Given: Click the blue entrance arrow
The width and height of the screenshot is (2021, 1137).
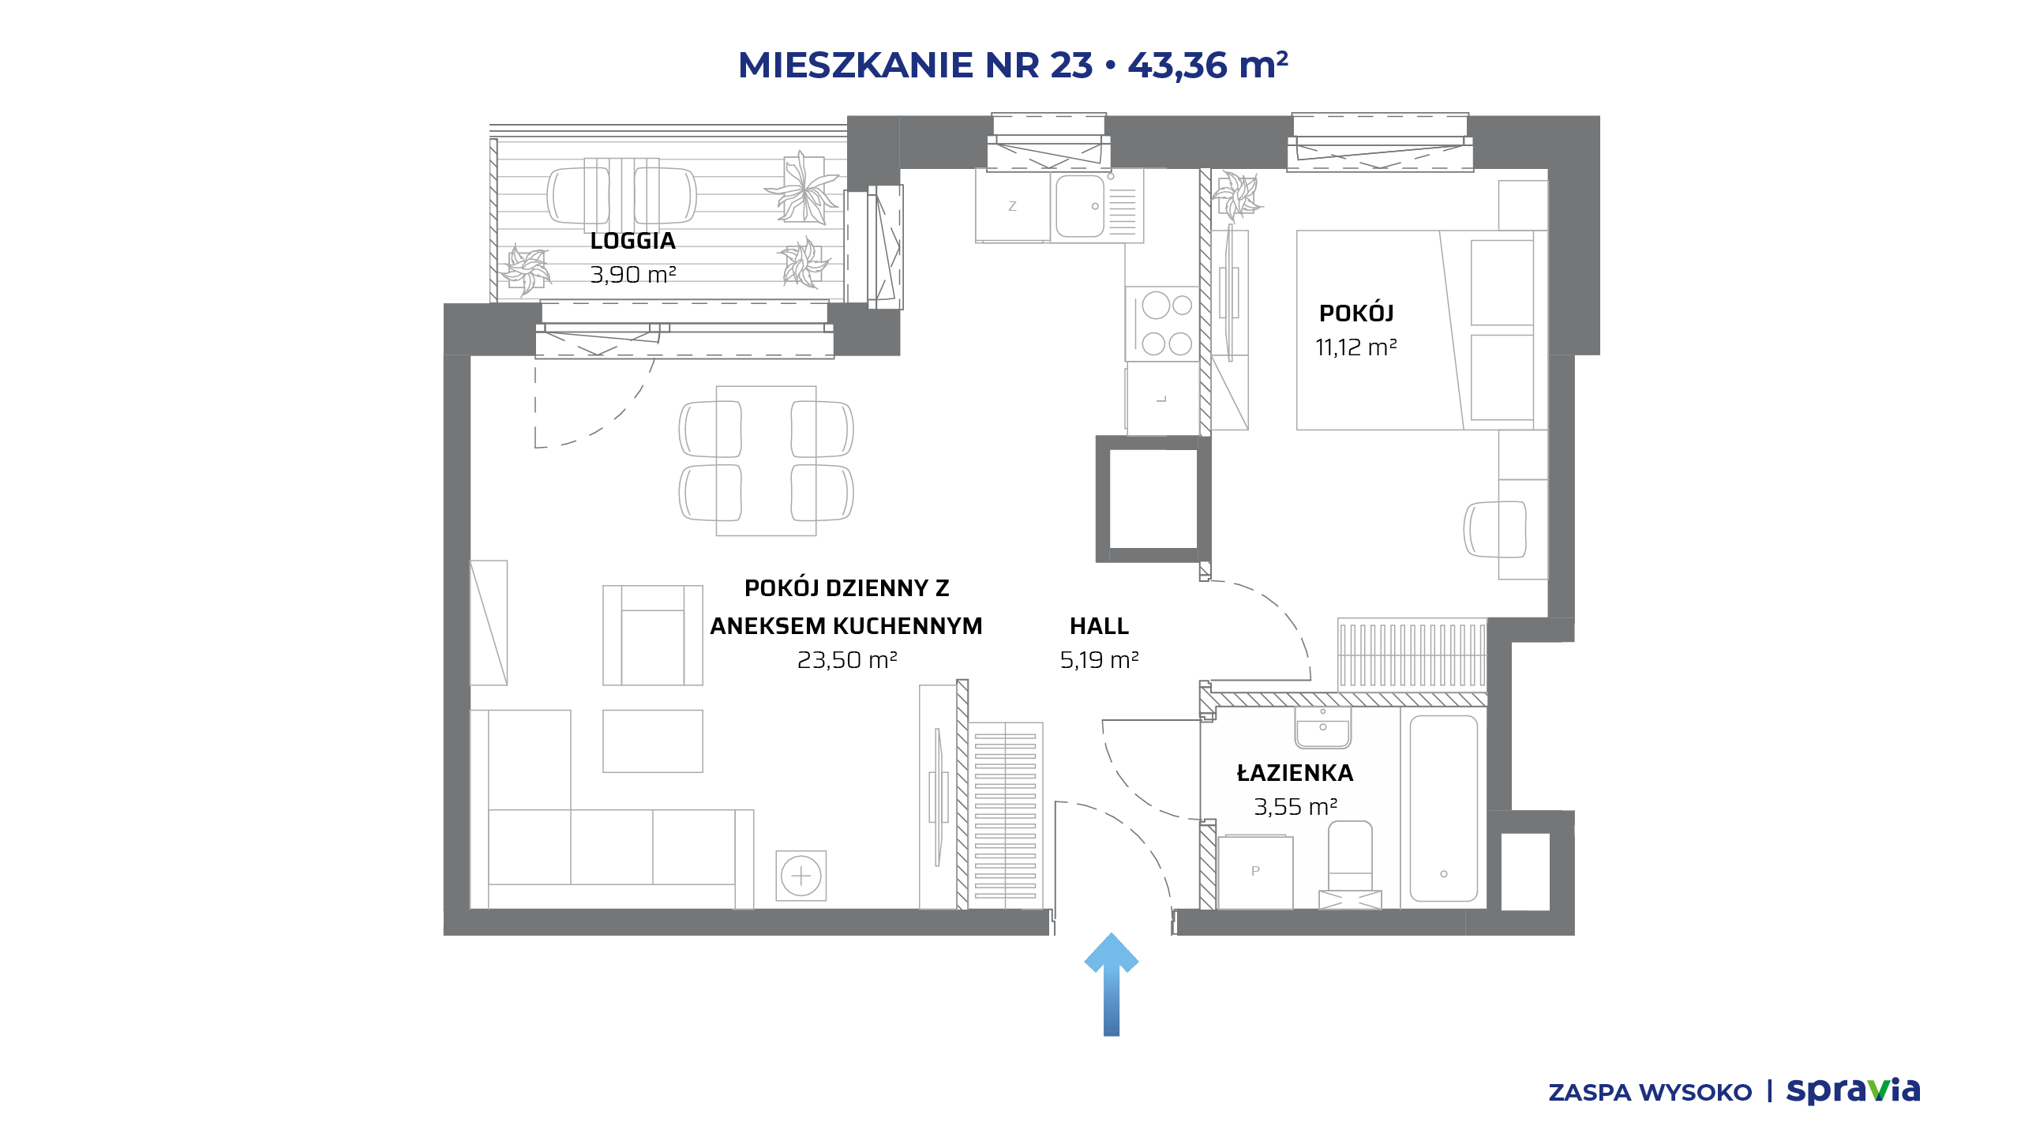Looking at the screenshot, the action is [x=1112, y=985].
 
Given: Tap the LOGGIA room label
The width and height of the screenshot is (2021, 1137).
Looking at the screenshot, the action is [x=633, y=241].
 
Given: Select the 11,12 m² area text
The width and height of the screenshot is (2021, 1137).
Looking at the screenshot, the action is [x=1356, y=347].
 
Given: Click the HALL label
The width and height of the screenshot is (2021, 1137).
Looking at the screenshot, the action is [x=1099, y=626].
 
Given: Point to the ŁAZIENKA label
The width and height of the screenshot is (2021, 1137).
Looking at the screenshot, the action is [x=1295, y=772].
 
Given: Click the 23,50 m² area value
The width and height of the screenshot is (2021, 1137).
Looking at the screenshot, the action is [x=847, y=659].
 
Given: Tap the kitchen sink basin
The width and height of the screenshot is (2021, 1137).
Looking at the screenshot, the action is [x=1080, y=206].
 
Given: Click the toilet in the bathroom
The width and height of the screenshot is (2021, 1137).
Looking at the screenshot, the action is [x=1350, y=864].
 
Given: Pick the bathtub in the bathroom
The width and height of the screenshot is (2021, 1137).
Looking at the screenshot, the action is [x=1444, y=808].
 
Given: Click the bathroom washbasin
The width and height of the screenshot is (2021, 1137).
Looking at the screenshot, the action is [x=1323, y=727].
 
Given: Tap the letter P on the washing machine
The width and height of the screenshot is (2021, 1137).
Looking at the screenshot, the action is [x=1255, y=871].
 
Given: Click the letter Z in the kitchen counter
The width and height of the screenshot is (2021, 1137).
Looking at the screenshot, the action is [x=1012, y=206].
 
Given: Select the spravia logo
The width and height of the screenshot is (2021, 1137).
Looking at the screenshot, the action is [x=1853, y=1090].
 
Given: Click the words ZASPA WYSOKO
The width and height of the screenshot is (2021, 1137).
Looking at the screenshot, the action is [x=1650, y=1093].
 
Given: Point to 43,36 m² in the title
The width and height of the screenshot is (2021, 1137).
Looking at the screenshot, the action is [x=1208, y=65].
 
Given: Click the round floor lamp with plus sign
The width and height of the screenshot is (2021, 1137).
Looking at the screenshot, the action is [x=801, y=876].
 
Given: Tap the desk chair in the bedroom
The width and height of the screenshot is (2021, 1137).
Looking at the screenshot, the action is [x=1494, y=530].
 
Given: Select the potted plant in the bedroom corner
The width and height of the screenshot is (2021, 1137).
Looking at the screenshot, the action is [x=1237, y=195].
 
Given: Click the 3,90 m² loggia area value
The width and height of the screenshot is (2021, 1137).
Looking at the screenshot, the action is [x=633, y=275].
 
